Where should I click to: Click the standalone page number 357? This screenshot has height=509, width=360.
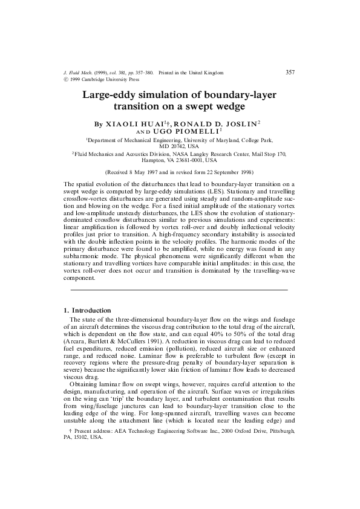click(290, 72)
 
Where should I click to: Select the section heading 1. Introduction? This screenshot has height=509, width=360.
click(87, 310)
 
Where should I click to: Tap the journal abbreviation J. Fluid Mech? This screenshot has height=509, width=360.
click(79, 73)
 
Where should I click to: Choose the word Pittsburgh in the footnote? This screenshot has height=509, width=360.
click(280, 449)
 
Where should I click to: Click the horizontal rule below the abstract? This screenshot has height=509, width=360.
click(180, 291)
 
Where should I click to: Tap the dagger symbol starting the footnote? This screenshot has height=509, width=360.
click(72, 449)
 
